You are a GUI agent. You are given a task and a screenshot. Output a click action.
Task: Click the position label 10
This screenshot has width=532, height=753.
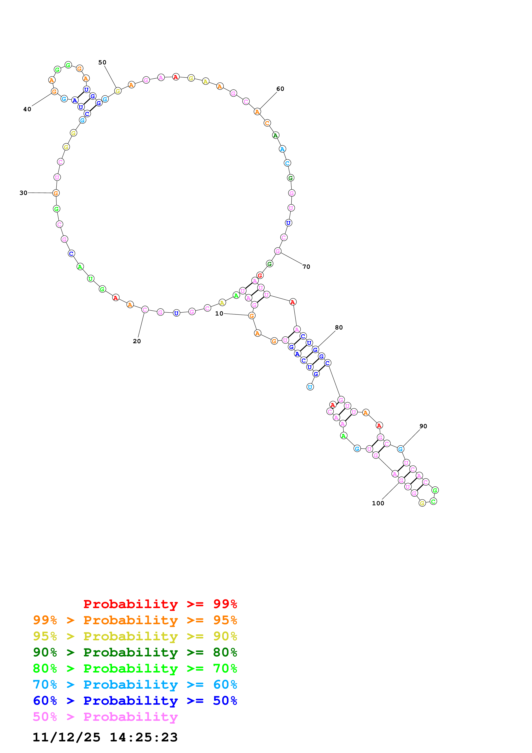pos(219,314)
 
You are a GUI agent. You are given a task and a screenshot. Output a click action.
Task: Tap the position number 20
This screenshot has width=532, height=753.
pos(137,341)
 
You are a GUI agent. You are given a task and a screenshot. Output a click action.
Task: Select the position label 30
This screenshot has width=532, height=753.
pos(23,193)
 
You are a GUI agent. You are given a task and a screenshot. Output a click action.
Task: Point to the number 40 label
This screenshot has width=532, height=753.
pos(27,109)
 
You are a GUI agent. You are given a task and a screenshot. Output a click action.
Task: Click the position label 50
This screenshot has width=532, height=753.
pos(102,62)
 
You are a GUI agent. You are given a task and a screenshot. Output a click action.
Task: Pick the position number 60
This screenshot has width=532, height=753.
pos(280,89)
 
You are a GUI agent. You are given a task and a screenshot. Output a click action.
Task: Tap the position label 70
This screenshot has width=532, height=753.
pos(306,267)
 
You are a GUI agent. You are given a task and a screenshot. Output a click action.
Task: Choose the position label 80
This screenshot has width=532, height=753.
pos(339,327)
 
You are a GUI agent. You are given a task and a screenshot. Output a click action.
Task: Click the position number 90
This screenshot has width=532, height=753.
pos(423,426)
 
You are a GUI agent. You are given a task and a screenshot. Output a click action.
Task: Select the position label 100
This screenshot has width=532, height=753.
pos(378,503)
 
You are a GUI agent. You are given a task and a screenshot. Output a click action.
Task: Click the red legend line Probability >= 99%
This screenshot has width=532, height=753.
pos(160,604)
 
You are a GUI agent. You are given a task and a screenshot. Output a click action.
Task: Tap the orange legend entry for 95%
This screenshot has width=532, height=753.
pos(135,620)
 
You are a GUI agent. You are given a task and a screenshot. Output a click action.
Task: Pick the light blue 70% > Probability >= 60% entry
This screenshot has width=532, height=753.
pos(135,685)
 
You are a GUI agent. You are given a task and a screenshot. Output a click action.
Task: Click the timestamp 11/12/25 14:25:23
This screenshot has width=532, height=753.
pos(105,737)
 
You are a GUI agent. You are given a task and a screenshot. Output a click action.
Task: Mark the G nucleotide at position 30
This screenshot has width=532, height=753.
pos(56,193)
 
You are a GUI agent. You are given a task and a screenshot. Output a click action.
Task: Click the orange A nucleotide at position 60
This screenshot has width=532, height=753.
pos(257,112)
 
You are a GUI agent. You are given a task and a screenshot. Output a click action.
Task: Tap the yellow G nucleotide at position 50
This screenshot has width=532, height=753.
pos(118,91)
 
